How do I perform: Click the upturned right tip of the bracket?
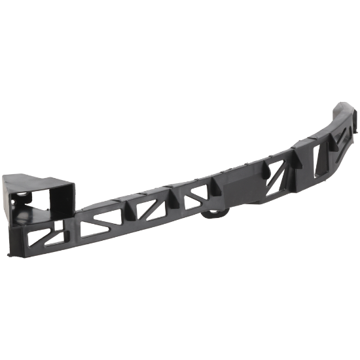tap(345, 109)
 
